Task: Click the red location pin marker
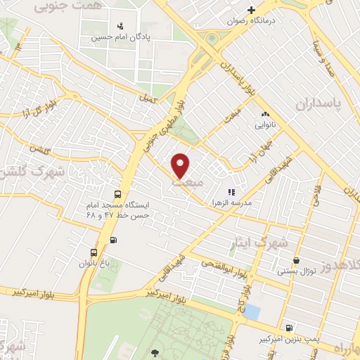pos(181,165)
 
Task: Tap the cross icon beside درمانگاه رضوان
pos(251,10)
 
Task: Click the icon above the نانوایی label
pos(265,114)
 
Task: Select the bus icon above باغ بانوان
pos(94,252)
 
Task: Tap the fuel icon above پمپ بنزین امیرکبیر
pos(288,328)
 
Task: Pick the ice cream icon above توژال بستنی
pos(296,259)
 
